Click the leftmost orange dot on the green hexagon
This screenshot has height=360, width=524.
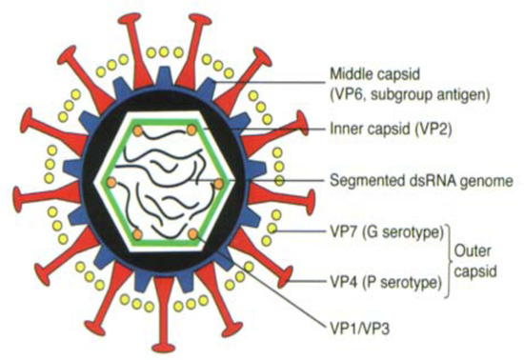pos(111,181)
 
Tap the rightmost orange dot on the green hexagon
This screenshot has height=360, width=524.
pos(218,182)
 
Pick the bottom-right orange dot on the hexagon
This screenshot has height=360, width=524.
pos(192,233)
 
